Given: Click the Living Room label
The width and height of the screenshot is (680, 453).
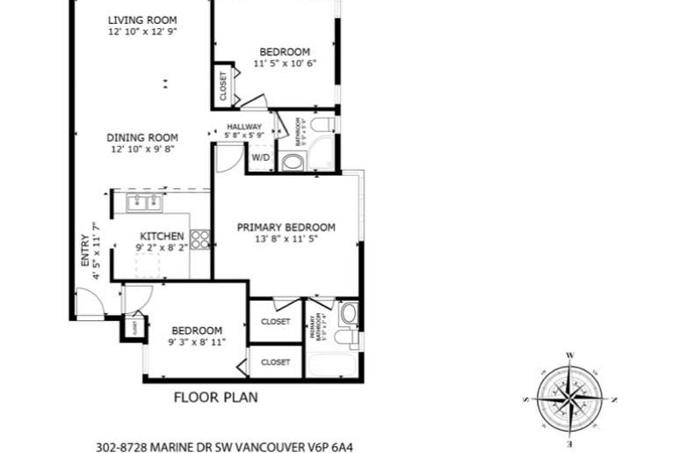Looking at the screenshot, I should tap(141, 19).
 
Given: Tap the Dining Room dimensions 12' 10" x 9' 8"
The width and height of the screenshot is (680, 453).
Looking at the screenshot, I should tap(141, 150).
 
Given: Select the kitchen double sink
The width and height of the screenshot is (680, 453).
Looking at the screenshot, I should tap(144, 203).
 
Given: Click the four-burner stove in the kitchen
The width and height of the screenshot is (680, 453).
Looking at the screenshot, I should tap(200, 238).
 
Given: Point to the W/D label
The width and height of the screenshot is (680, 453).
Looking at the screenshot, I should tap(260, 158).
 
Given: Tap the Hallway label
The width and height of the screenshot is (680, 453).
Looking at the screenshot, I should tap(244, 127).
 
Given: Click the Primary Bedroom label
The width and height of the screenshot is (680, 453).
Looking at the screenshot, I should tap(286, 227).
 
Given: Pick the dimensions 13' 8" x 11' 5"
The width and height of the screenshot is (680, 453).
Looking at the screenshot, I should tap(286, 238).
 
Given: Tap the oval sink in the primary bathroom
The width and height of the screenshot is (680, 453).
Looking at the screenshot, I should tap(348, 313).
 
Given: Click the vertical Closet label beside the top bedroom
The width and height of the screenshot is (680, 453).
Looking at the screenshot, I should tap(222, 85).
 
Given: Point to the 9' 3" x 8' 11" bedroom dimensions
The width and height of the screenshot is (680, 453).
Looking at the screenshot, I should tap(197, 341).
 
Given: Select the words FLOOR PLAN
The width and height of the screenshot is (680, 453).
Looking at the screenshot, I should tap(215, 397).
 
